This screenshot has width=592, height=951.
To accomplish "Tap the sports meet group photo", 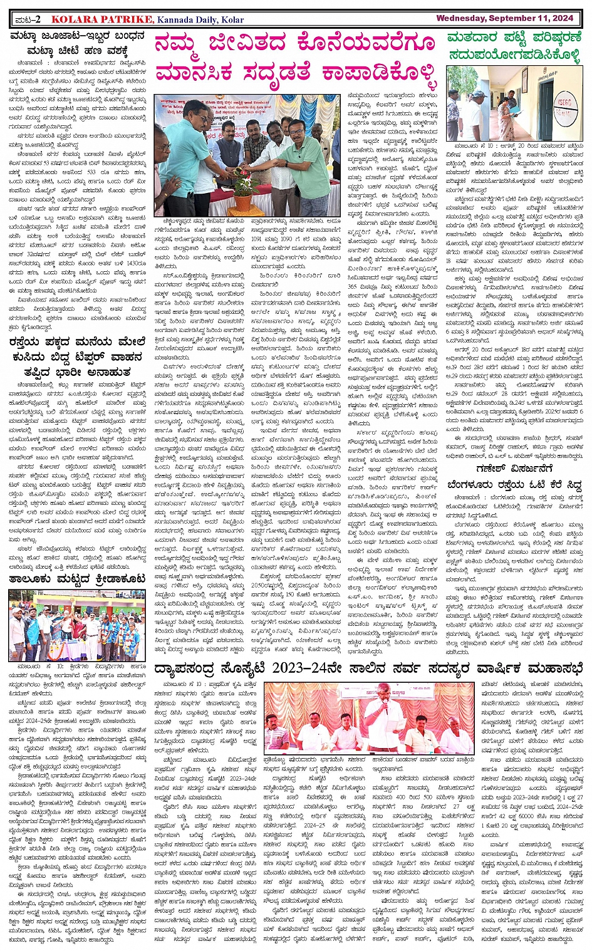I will pos(77,625).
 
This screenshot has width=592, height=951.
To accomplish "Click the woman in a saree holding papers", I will pos(506,113).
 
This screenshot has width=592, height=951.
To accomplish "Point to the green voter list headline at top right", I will pos(514,46).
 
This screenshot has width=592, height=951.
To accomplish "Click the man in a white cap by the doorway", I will pos(479,113).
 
